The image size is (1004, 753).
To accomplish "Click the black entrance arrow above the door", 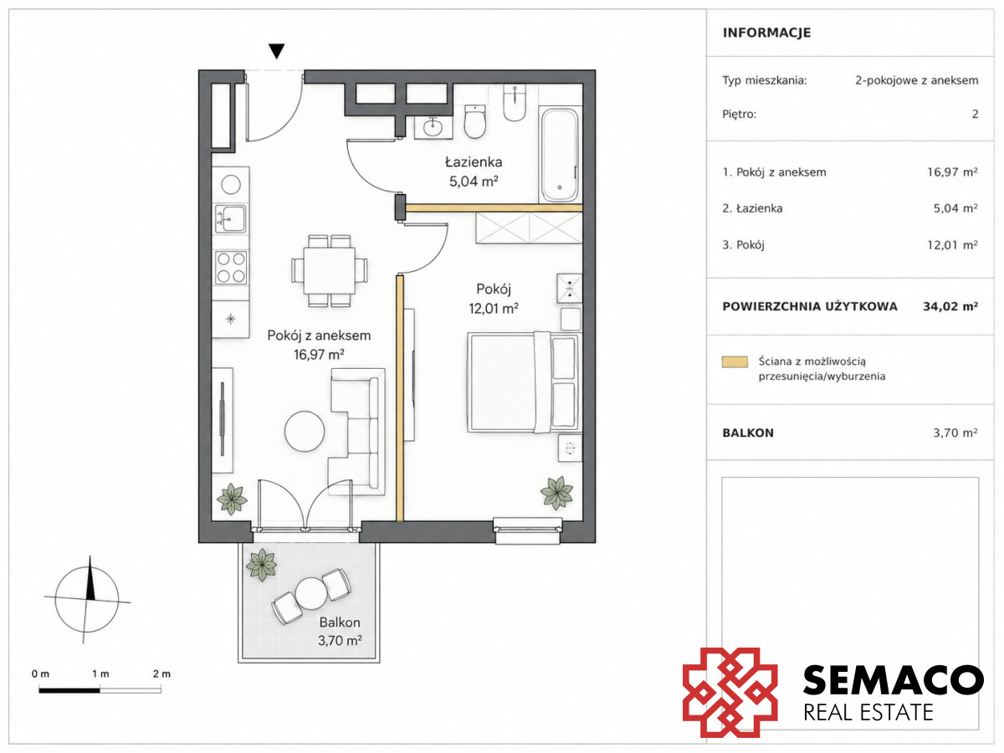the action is pos(276,51).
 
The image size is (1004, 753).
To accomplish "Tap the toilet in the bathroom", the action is pos(474,121).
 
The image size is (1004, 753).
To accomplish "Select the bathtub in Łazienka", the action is pos(559,155).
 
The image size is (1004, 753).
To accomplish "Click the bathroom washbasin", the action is pos(433,126).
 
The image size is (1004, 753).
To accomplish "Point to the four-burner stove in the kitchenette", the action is pos(231,267).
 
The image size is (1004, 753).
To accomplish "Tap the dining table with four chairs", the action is pos(329,270).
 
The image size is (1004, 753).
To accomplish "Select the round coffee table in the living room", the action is pos(305,431).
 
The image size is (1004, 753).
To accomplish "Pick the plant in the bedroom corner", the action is pos(556,493).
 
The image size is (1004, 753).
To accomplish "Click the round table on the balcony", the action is pos(311,593).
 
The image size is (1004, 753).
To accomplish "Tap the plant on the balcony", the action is pos(261,565).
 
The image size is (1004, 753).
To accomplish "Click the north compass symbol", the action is pos(87,599).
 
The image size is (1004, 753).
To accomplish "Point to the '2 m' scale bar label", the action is pos(161,674).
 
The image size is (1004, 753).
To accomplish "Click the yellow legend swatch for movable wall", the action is pos(735,361).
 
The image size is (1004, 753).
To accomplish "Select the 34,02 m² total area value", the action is pos(950,306).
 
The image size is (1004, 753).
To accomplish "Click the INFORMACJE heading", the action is pos(766,33).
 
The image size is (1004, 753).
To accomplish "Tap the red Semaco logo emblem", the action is pos(730,693).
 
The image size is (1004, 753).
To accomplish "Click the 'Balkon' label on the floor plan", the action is pos(340,622).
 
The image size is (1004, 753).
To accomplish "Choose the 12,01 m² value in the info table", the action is pos(952,245).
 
